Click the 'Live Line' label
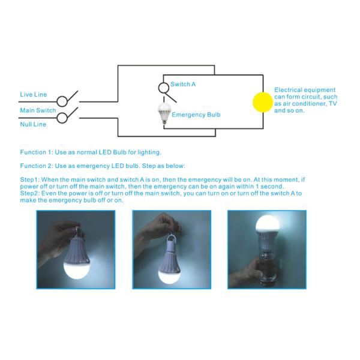33,94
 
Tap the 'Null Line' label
33,124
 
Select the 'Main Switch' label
38,110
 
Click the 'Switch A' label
183,84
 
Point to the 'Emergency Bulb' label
196,115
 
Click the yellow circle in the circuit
263,103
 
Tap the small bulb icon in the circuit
164,113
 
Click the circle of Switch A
164,88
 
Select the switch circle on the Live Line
62,101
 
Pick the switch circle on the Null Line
62,118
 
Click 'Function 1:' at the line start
37,152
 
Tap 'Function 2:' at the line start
37,166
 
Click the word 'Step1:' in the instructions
30,179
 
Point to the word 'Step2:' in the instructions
30,193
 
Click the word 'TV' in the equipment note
332,104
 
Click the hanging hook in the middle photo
171,240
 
